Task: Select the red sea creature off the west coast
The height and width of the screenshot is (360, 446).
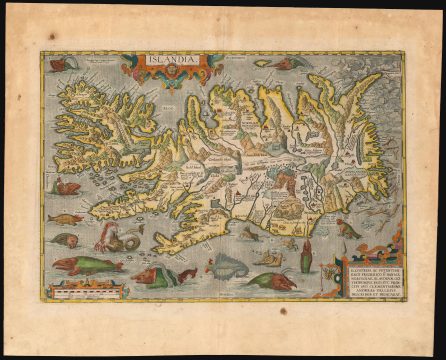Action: pyautogui.click(x=67, y=186)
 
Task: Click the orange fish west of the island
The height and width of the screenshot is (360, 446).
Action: pyautogui.click(x=65, y=218)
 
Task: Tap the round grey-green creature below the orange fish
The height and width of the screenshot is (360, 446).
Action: pyautogui.click(x=64, y=241)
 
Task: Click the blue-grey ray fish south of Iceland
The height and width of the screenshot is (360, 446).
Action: pyautogui.click(x=226, y=266)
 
